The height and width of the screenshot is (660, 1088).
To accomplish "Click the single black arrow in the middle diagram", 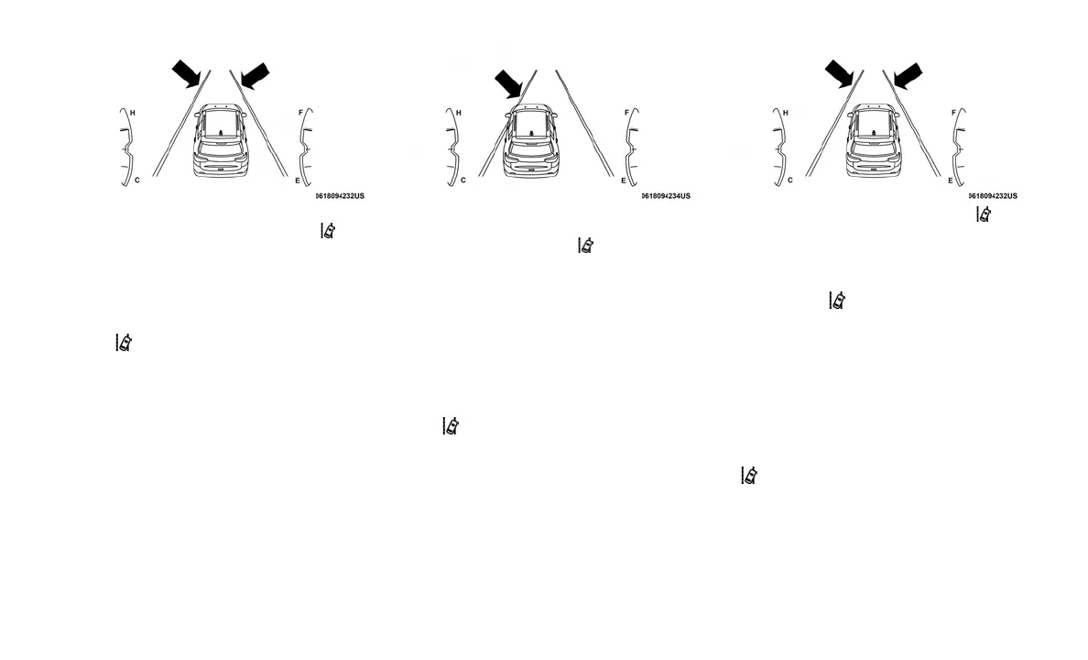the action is [508, 84].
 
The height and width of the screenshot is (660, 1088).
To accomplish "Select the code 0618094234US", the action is [666, 196].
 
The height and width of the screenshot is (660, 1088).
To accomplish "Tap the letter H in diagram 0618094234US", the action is [459, 113].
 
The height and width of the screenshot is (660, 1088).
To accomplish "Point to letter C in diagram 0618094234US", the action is [463, 181].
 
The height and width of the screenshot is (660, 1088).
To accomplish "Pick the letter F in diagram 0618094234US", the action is [626, 113].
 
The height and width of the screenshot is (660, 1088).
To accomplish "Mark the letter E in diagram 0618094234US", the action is [624, 181].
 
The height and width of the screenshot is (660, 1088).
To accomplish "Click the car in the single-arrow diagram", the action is [531, 140].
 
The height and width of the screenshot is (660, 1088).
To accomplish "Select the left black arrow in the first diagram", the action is [188, 73].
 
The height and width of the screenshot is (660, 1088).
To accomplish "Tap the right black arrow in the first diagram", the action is [254, 76].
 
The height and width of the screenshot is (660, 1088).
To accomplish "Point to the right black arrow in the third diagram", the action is [907, 76].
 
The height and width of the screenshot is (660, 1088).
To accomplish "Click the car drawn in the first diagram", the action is [222, 140].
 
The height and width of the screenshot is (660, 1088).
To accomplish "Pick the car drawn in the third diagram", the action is [874, 140].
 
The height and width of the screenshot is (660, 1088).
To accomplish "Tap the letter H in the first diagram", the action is [133, 113].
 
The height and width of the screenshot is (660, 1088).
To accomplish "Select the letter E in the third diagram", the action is [950, 181].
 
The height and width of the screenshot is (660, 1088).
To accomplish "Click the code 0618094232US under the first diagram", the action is [340, 196].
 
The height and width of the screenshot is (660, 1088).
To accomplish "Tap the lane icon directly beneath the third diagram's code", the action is [984, 214].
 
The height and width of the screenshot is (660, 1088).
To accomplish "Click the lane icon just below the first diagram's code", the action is [328, 231].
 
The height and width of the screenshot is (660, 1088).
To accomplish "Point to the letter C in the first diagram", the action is [137, 181].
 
